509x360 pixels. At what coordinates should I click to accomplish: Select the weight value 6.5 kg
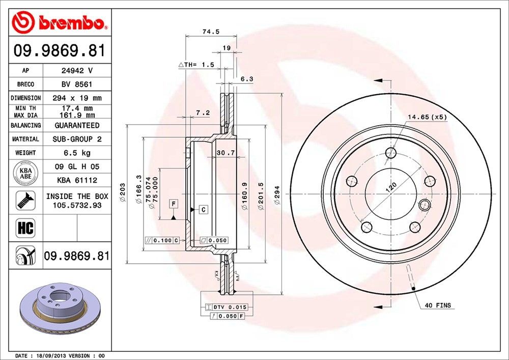[x=76, y=153]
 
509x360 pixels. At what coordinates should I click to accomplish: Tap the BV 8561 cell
[x=76, y=84]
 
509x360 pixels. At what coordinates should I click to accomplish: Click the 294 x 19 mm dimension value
[x=76, y=98]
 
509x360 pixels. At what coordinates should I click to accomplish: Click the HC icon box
[x=25, y=228]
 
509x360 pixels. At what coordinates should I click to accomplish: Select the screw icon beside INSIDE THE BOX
[x=25, y=200]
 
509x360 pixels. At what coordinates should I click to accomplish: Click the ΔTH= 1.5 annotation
[x=196, y=65]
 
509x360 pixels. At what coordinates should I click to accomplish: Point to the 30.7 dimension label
[x=225, y=153]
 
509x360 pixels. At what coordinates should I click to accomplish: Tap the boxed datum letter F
[x=174, y=204]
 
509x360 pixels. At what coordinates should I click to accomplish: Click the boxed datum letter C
[x=203, y=209]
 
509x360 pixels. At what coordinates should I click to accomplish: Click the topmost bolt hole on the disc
[x=390, y=152]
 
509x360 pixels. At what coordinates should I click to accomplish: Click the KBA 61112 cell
[x=76, y=180]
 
